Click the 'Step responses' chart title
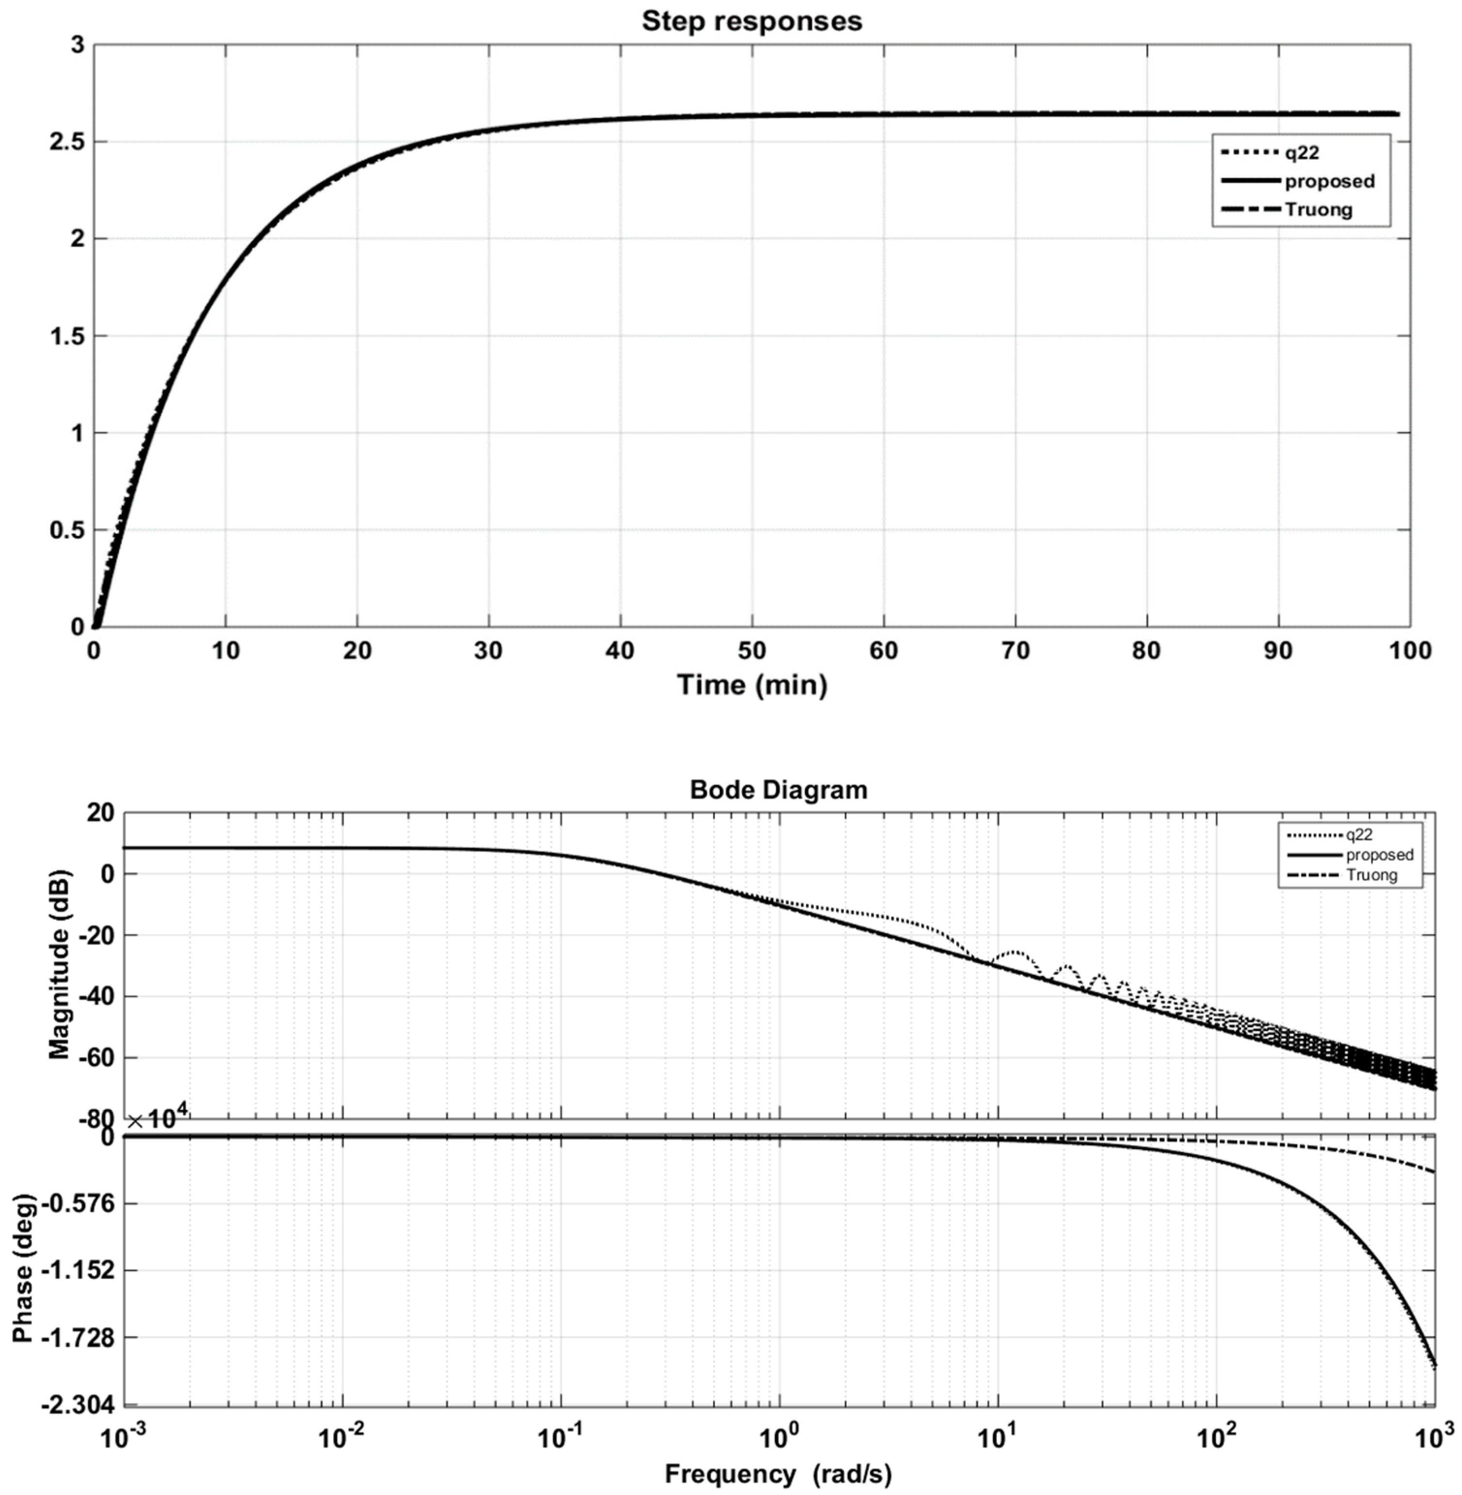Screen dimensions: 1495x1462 [x=752, y=21]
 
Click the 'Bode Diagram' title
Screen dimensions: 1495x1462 [x=778, y=790]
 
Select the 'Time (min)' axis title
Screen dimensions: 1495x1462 [x=752, y=684]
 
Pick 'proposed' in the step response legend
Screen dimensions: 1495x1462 [x=1329, y=181]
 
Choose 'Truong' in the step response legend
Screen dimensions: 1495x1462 [x=1319, y=210]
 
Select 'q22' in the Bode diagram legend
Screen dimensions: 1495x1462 [x=1359, y=834]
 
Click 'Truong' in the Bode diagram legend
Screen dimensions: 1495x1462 [x=1371, y=875]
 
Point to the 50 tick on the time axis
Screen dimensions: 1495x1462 [x=752, y=651]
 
